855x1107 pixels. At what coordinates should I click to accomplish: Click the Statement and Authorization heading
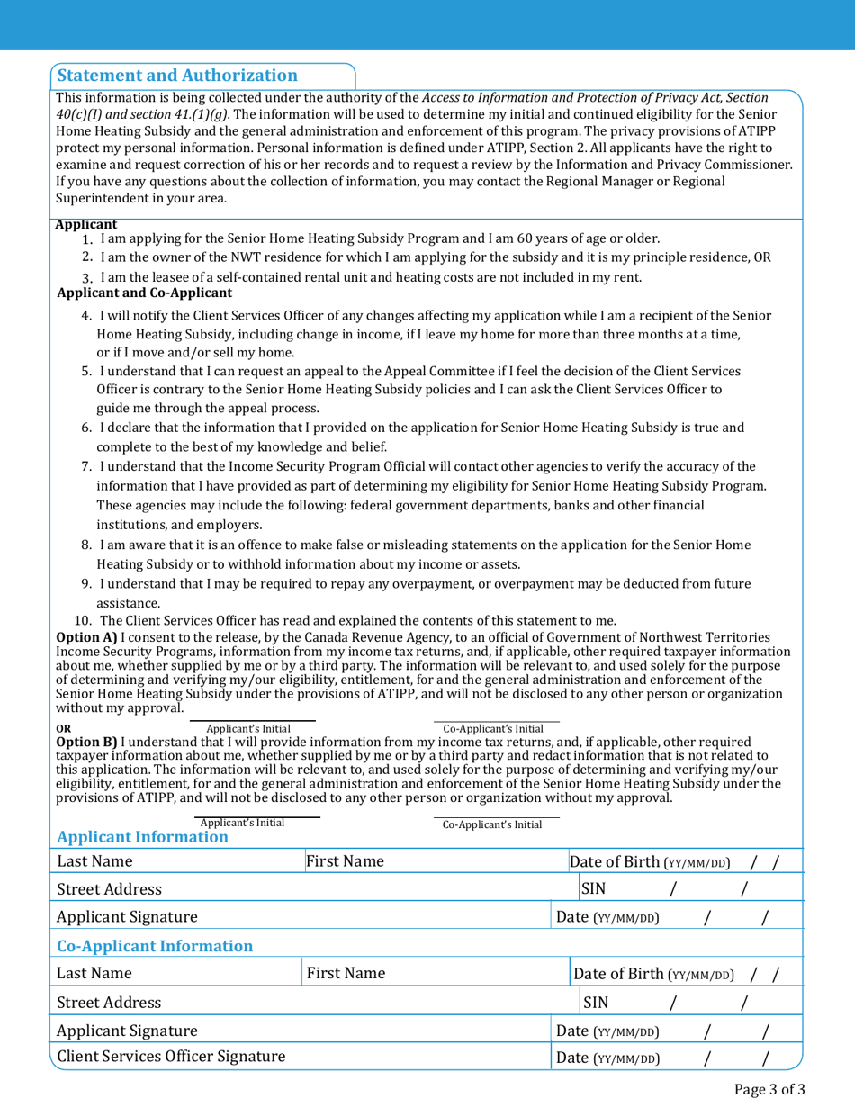coord(177,76)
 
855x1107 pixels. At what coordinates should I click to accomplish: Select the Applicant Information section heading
coord(143,837)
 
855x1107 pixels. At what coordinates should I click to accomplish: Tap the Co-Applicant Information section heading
coord(155,946)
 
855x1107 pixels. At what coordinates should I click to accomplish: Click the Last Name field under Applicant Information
coord(178,861)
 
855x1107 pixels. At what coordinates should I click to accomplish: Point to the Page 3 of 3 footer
coord(769,1090)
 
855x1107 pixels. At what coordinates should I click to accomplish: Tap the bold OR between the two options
coord(62,728)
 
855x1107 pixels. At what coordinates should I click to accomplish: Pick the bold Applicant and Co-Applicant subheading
coord(144,293)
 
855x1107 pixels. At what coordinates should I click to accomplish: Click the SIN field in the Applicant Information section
coord(688,889)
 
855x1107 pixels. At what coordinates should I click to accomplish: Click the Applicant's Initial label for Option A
coord(249,728)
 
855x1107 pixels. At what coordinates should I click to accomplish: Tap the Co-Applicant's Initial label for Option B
coord(492,824)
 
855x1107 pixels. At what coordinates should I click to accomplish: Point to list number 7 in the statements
coord(87,466)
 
